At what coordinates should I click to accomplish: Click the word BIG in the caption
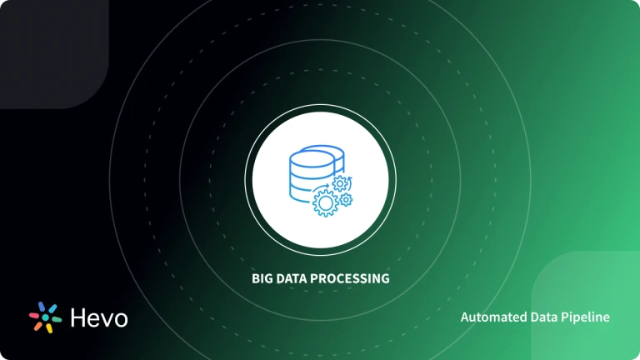tap(263, 278)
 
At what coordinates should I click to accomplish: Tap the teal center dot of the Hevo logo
tap(45, 317)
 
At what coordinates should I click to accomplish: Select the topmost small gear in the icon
tap(340, 182)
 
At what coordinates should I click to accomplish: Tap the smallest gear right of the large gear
tap(345, 200)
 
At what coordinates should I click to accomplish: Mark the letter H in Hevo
tap(77, 317)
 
